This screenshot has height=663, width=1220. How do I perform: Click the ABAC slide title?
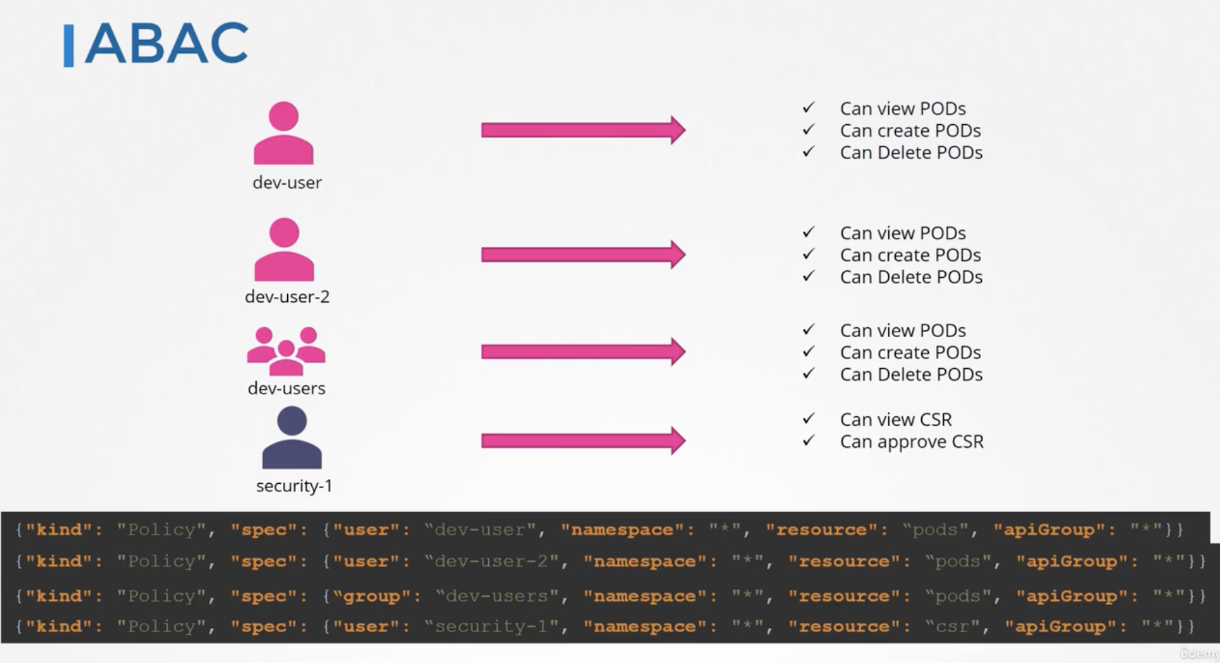point(165,43)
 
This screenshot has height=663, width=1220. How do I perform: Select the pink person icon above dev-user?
point(284,133)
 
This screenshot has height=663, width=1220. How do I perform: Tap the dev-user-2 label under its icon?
point(287,296)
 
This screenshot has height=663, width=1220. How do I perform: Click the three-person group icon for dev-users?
point(286,351)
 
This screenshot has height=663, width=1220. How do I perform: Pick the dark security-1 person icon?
point(292,438)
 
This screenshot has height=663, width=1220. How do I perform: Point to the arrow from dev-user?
point(583,130)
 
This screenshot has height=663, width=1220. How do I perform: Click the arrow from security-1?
point(583,440)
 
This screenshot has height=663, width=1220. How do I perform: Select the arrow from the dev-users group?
point(583,351)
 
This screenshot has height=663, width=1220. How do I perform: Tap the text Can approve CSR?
point(912,442)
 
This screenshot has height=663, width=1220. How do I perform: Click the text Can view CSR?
point(896,419)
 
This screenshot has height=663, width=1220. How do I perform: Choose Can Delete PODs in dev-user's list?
point(911,152)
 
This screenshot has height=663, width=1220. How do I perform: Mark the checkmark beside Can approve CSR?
point(809,440)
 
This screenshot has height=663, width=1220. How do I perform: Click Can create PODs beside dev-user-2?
point(910,255)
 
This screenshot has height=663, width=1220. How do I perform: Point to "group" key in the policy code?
point(372,595)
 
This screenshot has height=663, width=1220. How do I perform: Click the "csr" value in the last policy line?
point(953,626)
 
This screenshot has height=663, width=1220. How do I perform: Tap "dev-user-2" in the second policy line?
point(492,561)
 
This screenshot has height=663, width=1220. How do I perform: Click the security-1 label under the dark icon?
point(294,486)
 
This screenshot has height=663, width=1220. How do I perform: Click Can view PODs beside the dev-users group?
point(903,330)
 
